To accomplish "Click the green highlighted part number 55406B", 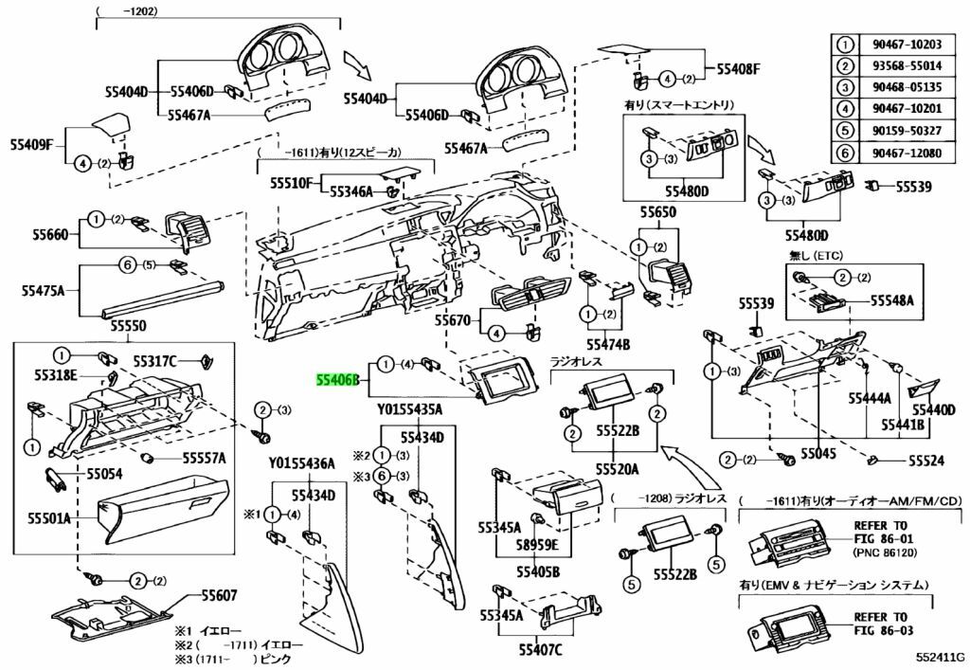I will [x=338, y=380].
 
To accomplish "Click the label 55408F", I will [x=739, y=68].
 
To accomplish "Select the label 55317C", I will [x=154, y=360].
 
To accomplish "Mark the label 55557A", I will [x=204, y=458].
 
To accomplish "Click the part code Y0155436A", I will [x=302, y=463].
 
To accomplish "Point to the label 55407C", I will [x=540, y=650].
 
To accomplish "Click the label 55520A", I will [x=617, y=469].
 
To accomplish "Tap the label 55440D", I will [x=934, y=409].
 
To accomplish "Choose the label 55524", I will [x=926, y=461].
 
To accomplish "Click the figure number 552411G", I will [x=937, y=656].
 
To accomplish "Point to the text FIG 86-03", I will [x=880, y=629].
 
